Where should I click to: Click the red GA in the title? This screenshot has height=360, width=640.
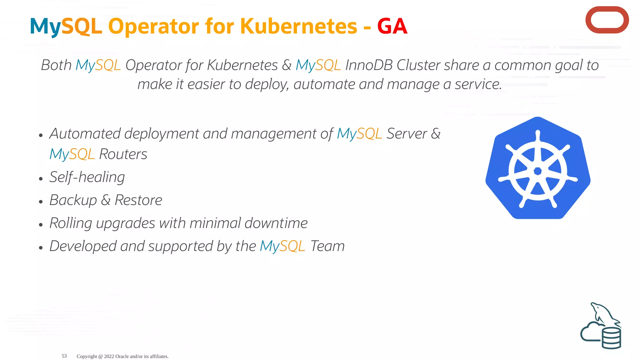tap(392, 26)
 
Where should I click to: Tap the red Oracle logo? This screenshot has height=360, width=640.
tap(607, 20)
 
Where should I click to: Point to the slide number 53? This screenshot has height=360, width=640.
tap(64, 356)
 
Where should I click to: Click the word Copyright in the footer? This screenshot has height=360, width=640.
tap(87, 356)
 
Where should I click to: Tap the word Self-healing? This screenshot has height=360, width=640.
tap(87, 177)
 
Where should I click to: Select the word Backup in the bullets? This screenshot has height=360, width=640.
tap(73, 200)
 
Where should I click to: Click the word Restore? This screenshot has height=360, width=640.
tap(138, 200)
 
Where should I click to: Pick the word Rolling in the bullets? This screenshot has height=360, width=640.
tap(71, 223)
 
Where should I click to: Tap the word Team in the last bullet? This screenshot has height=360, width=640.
tap(327, 246)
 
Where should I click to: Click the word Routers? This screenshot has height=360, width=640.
tap(123, 154)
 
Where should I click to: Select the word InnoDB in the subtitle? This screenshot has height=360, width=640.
tap(369, 65)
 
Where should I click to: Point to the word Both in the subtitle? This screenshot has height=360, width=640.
tap(56, 65)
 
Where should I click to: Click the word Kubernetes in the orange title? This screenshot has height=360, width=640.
tap(298, 26)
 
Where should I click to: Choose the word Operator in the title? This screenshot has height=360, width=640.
tap(153, 27)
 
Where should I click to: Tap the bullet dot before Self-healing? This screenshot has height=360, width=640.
tap(41, 179)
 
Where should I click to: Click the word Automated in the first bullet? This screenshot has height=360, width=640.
tap(85, 134)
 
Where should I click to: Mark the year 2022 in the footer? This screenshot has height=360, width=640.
tap(109, 356)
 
